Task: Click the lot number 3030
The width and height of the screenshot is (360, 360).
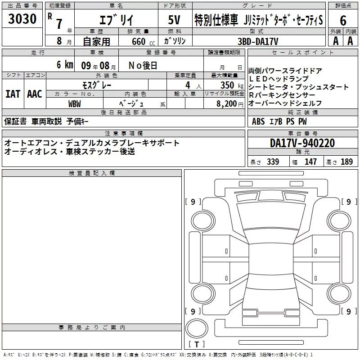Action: tap(22, 18)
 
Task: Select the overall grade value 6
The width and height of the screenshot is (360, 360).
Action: tap(343, 20)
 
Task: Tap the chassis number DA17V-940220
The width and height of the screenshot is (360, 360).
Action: tap(302, 143)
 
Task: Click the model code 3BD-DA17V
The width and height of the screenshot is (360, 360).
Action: tap(258, 41)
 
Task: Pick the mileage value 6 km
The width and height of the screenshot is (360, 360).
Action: tap(65, 64)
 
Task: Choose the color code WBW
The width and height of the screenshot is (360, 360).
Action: tap(75, 104)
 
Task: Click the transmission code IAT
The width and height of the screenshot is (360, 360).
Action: tap(13, 94)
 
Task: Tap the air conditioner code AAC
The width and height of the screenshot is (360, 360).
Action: tap(35, 94)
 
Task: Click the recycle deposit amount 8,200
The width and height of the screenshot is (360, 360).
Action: tap(227, 104)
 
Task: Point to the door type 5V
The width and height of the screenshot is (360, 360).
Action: tap(174, 20)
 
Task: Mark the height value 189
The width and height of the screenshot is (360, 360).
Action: tap(346, 162)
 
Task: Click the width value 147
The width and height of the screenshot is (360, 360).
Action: tap(310, 162)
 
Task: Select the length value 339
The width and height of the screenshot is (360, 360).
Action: tap(273, 162)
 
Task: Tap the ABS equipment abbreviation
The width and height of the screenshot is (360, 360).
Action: tap(258, 121)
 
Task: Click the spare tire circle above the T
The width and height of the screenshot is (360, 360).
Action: tap(197, 328)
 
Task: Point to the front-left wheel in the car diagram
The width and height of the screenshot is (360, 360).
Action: tap(203, 221)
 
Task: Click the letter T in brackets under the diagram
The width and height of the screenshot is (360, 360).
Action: tap(197, 344)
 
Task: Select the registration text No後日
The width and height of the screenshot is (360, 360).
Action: tap(143, 65)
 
